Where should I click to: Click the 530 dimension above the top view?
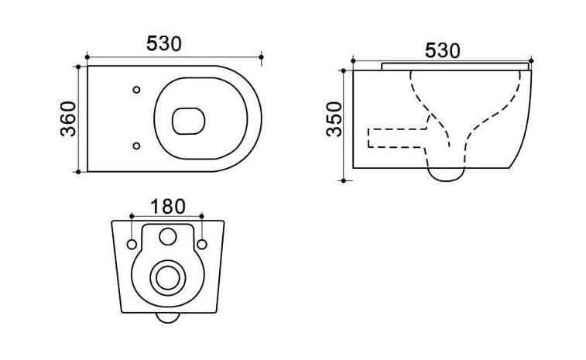coord(163,43)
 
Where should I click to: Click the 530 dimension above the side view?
coord(442,50)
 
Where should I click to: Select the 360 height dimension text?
coord(68,119)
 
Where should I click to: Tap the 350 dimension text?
coord(334,119)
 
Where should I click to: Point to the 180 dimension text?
coord(167,207)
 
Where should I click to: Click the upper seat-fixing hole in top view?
coord(136,90)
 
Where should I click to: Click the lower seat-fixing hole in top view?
coord(136,146)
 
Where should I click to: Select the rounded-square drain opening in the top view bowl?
coord(188,121)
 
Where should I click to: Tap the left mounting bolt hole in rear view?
coord(132,245)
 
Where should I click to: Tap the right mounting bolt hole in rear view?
coord(202,245)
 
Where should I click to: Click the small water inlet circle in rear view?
coord(168,236)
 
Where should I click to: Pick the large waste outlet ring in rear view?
coord(168,278)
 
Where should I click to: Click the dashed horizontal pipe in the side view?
coord(398,138)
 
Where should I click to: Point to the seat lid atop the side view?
coord(455,66)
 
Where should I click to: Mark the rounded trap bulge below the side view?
coord(445,174)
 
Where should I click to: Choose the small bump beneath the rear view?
coord(168,317)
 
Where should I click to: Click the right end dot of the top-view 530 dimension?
coord(261,57)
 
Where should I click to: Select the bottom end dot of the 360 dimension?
coord(78,172)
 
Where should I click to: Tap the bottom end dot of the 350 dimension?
coord(344,181)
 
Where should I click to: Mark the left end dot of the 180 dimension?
coord(132,216)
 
